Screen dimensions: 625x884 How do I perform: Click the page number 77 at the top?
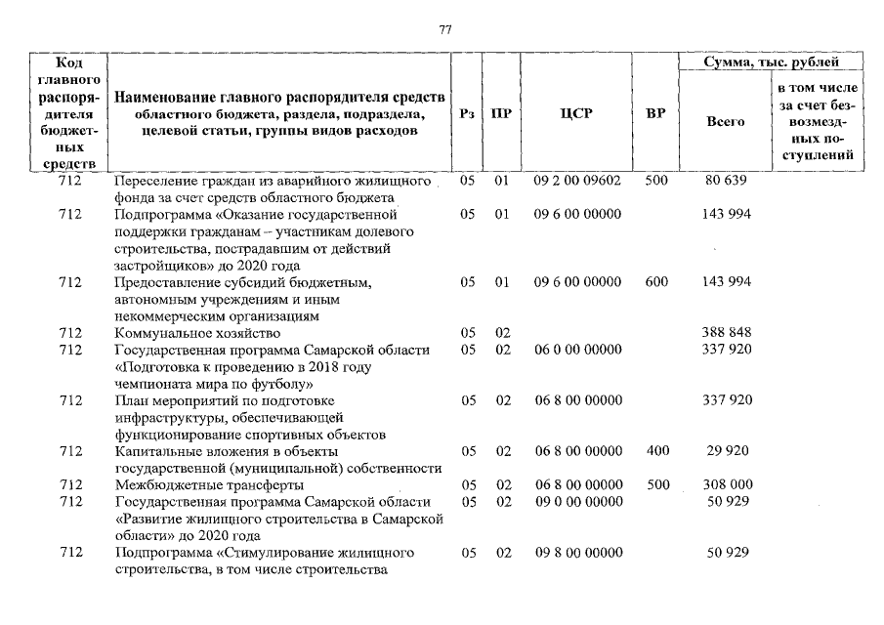coord(444,29)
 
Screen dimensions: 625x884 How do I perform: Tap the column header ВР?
coord(656,114)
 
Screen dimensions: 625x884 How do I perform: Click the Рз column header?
coord(467,114)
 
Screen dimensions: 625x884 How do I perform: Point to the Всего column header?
coord(725,122)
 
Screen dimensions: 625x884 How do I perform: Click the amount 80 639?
coord(726,182)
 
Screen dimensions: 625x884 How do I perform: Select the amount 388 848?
coord(726,333)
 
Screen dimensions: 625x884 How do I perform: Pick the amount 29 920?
coord(726,451)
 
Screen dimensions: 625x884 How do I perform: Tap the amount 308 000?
coord(726,484)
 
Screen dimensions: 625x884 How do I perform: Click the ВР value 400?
coord(656,451)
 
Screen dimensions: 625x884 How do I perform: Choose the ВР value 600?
coord(656,282)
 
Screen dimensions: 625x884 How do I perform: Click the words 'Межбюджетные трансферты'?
coord(195,484)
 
